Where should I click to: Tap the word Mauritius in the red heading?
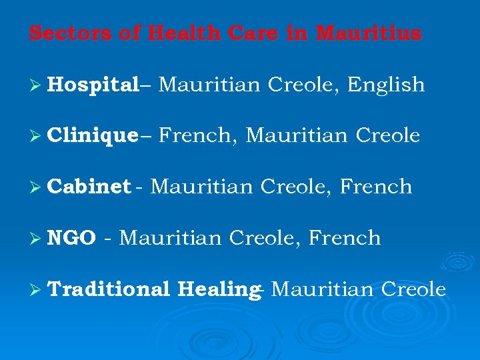click(x=369, y=33)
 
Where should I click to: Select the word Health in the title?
click(x=175, y=33)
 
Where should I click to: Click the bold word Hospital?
click(x=93, y=85)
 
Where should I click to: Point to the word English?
click(x=386, y=85)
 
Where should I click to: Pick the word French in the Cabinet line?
click(x=376, y=187)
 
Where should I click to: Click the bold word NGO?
click(x=72, y=238)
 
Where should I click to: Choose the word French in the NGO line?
click(x=345, y=238)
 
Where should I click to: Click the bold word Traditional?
click(x=109, y=289)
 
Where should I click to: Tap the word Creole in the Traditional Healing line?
click(x=413, y=289)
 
